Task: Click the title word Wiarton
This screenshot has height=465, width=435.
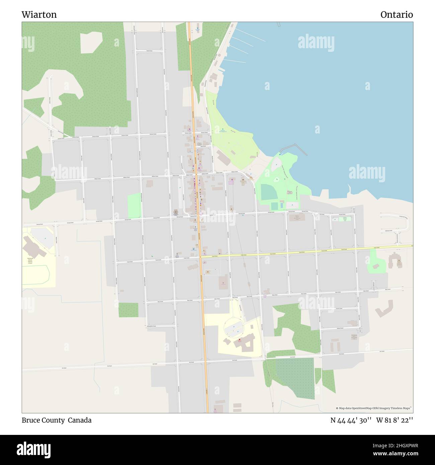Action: pyautogui.click(x=39, y=15)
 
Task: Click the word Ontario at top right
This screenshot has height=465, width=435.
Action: pyautogui.click(x=396, y=15)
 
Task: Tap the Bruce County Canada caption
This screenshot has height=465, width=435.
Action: pyautogui.click(x=57, y=420)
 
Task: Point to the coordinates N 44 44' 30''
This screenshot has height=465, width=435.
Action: pyautogui.click(x=351, y=420)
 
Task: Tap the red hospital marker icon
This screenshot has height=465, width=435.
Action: pyautogui.click(x=239, y=340)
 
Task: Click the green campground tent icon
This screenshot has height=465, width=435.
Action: pyautogui.click(x=223, y=129)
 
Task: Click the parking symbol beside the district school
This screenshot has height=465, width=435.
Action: pyautogui.click(x=45, y=239)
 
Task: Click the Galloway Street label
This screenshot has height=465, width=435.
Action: pyautogui.click(x=388, y=230)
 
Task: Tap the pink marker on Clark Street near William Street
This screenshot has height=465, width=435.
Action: pyautogui.click(x=231, y=181)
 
